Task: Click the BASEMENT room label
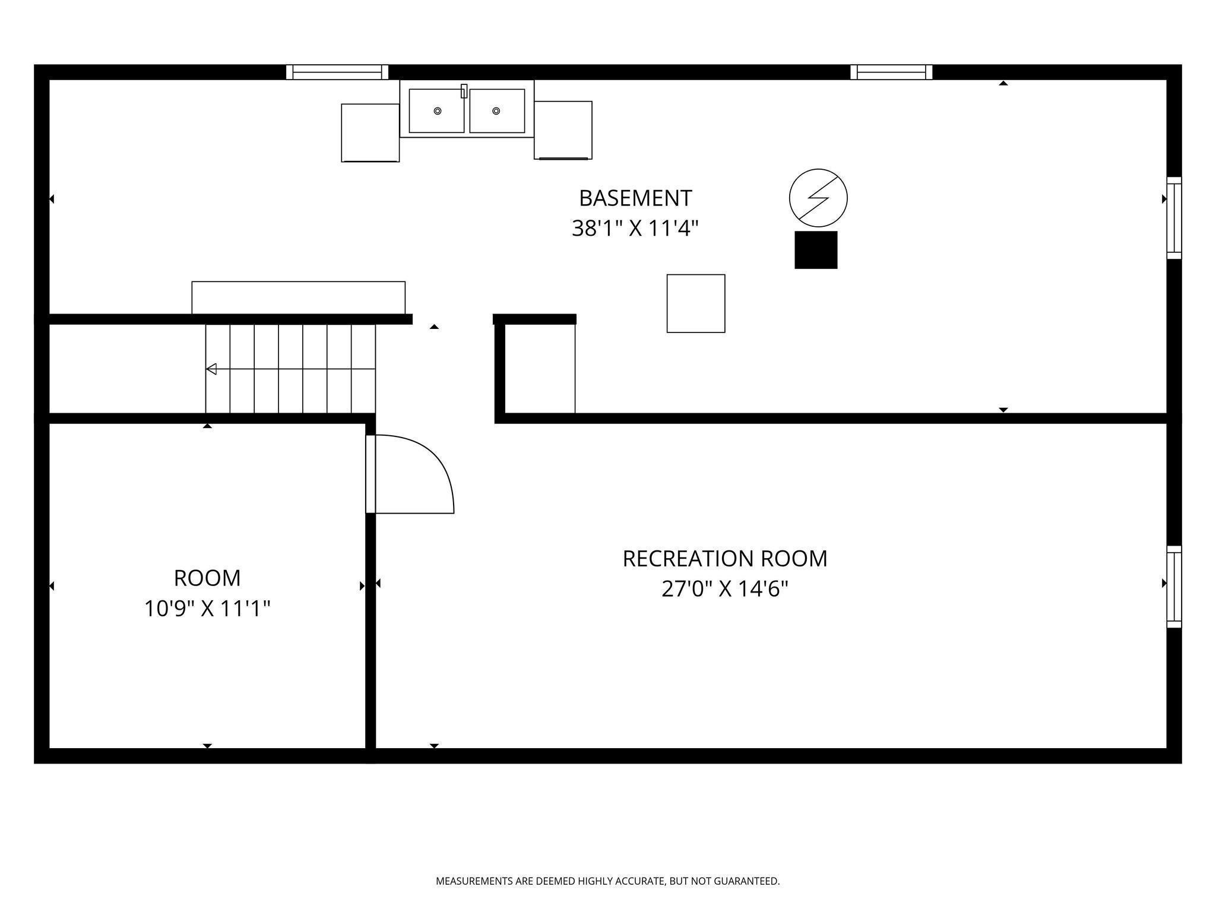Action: (x=635, y=198)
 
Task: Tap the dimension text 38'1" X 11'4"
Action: (x=635, y=228)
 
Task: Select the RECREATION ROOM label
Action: (x=725, y=559)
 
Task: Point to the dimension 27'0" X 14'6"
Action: (x=725, y=589)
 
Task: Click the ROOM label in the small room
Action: (x=207, y=578)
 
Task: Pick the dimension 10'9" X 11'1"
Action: (x=207, y=609)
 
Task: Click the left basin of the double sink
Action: (x=437, y=111)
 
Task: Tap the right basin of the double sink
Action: (x=497, y=111)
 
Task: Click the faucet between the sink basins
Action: (x=464, y=91)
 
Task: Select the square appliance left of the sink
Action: (x=370, y=133)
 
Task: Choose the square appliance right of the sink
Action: (x=563, y=130)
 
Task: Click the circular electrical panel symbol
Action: (x=818, y=198)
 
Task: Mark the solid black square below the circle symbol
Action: (x=816, y=250)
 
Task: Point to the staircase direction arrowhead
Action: (x=211, y=369)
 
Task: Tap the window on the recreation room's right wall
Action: (x=1174, y=587)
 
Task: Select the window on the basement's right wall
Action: (x=1174, y=218)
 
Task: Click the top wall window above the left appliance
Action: (x=337, y=72)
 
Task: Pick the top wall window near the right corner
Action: (x=891, y=72)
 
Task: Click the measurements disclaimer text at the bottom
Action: (x=608, y=882)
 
